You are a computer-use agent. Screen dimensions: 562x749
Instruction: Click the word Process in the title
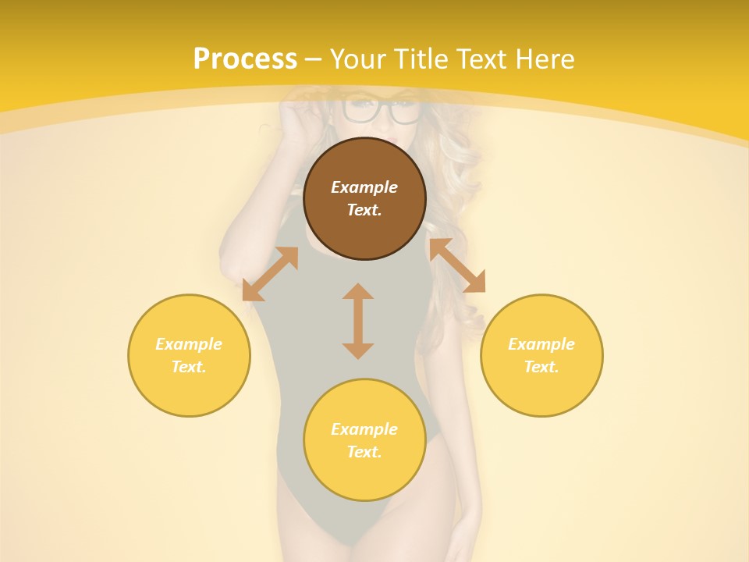click(245, 59)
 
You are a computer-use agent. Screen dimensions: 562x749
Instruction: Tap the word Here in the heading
click(544, 59)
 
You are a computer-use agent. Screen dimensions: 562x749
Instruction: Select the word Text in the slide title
click(481, 59)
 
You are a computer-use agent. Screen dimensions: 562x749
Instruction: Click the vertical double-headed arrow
click(358, 321)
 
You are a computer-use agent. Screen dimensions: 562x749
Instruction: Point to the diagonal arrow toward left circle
click(270, 274)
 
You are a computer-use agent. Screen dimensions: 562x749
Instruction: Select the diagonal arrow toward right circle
click(457, 266)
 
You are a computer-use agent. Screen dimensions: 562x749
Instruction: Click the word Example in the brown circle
click(364, 187)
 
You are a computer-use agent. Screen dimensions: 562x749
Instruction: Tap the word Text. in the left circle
click(189, 367)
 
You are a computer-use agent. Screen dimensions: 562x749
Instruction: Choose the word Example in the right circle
click(541, 344)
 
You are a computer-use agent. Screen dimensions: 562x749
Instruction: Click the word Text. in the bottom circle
click(364, 452)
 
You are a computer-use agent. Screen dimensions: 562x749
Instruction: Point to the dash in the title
click(314, 59)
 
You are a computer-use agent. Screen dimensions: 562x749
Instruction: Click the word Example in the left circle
click(189, 344)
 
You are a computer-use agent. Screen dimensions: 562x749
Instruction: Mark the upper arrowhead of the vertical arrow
click(358, 291)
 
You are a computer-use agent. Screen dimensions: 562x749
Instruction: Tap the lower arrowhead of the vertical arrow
click(358, 350)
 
